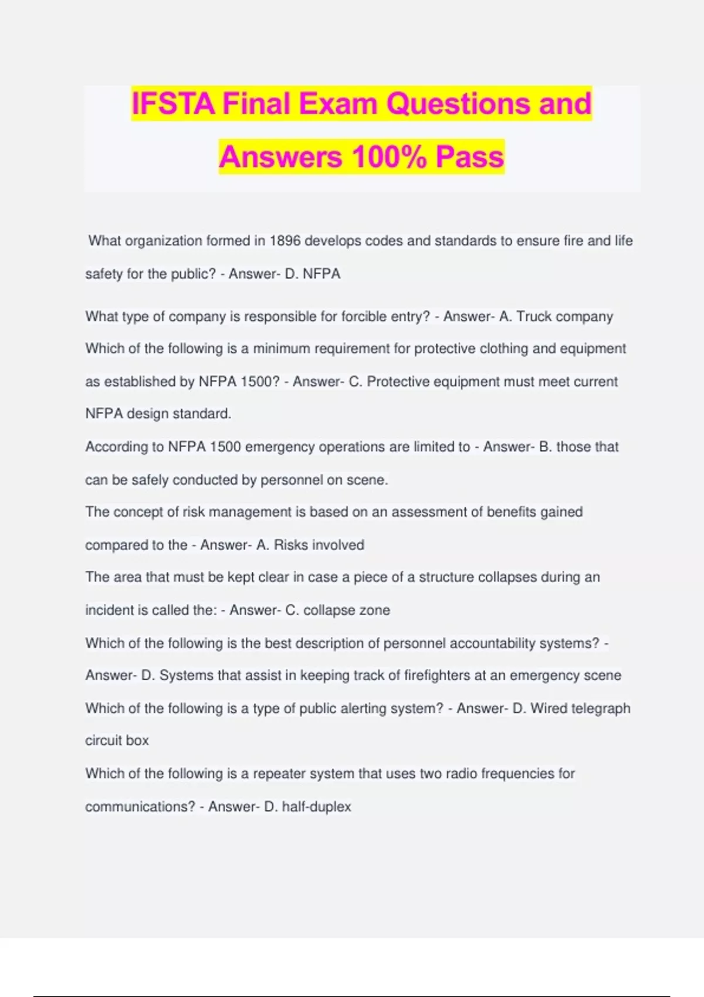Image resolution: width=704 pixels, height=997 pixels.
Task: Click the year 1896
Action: click(285, 241)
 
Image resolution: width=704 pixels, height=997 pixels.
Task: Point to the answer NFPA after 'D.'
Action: click(321, 274)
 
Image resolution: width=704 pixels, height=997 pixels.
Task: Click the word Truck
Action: click(534, 317)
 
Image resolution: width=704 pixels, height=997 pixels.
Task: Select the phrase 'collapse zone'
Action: click(346, 610)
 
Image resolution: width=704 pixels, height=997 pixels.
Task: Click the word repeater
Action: click(279, 774)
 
